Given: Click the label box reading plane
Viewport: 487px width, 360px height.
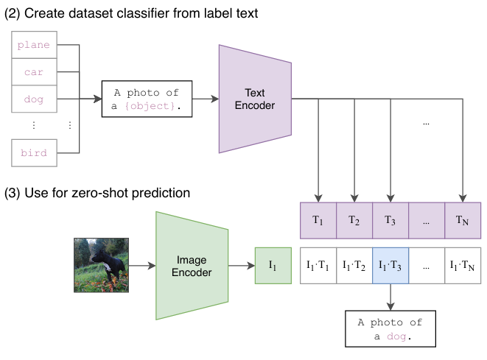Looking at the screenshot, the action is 34,45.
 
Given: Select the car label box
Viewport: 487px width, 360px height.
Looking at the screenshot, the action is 34,71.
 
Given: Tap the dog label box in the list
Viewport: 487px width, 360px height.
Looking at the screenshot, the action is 34,99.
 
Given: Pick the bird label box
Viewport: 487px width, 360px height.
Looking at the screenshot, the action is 34,153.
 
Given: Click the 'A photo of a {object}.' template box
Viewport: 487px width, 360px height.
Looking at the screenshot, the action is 147,99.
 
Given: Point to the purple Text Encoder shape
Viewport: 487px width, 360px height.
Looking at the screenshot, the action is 255,99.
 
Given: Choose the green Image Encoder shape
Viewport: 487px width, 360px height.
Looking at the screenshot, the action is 192,266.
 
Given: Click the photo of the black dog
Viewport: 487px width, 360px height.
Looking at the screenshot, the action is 101,265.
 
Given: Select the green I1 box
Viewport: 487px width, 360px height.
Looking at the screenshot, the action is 273,266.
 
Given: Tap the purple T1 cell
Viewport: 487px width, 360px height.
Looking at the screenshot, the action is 318,221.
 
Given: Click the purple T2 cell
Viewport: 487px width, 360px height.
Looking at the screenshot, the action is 354,221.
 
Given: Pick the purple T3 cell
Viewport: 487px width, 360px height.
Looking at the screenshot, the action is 390,221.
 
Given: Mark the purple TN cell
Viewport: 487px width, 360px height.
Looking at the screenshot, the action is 463,221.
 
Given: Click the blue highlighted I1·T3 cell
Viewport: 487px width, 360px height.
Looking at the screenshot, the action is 390,266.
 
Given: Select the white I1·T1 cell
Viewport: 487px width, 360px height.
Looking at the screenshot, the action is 318,266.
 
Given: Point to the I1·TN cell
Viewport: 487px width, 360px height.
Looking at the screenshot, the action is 463,266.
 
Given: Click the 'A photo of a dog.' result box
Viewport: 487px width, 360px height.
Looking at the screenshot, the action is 390,328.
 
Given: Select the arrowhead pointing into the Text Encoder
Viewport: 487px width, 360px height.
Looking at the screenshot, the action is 215,99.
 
